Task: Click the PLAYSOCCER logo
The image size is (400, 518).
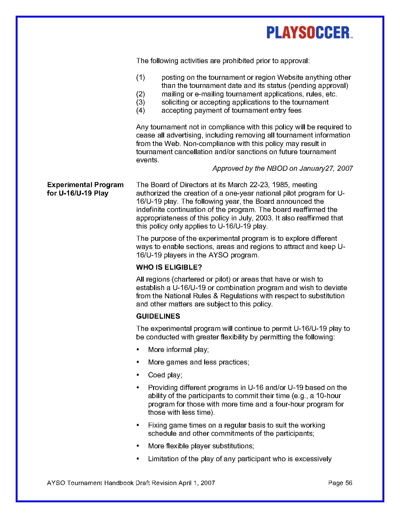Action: point(309,33)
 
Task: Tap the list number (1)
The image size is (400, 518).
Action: point(140,77)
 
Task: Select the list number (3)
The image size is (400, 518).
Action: point(140,102)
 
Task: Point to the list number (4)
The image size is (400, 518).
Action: point(140,110)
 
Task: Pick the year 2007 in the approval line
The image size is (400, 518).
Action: point(345,168)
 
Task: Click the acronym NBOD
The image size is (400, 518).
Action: point(277,168)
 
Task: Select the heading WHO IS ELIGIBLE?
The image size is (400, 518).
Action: point(169,267)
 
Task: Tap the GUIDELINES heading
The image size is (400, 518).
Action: point(158,316)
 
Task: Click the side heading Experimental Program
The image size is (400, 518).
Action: point(85,185)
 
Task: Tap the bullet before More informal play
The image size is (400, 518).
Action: point(138,350)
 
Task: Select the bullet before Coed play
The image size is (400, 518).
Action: point(138,375)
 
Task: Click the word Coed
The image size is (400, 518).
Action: point(156,375)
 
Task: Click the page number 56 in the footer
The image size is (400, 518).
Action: point(349,483)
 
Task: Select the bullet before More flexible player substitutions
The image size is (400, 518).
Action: point(138,446)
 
